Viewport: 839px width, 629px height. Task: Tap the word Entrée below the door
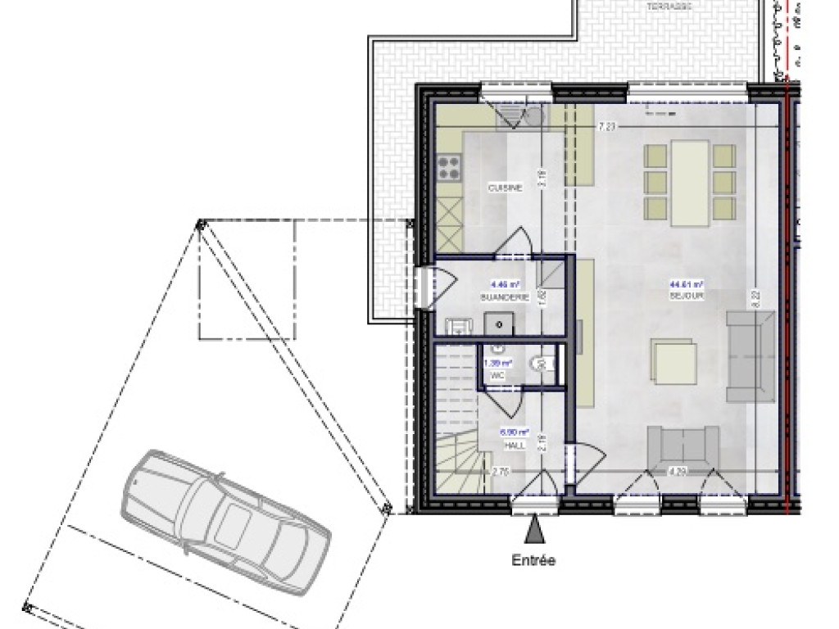click(533, 561)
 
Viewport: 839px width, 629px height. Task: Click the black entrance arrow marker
click(534, 530)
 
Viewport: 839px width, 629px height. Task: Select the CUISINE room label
click(505, 188)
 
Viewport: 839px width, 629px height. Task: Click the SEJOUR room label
click(687, 296)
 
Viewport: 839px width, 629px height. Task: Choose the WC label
click(497, 375)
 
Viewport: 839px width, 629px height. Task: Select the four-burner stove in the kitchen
click(448, 167)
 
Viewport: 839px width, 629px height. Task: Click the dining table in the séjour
click(689, 182)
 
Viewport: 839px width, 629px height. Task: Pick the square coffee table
click(673, 364)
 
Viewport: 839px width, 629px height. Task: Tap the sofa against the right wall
click(751, 357)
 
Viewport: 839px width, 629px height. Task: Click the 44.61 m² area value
click(687, 285)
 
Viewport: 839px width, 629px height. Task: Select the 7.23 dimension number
click(607, 127)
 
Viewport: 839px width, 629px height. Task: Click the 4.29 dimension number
click(678, 471)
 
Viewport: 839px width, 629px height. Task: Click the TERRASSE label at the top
click(669, 7)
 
